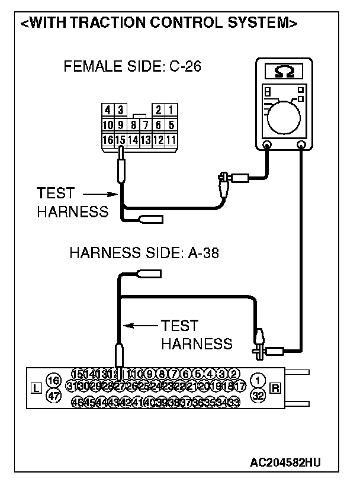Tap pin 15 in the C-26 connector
tap(120, 140)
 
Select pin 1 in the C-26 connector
tap(171, 110)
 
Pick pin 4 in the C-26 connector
tap(108, 110)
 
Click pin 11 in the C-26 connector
tap(171, 140)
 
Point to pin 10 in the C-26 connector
tap(108, 125)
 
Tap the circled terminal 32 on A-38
tap(258, 396)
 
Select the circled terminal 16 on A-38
tap(54, 380)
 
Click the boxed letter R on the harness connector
tap(275, 388)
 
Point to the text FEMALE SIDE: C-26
tap(132, 66)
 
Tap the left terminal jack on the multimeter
tap(267, 144)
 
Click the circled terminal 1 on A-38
tap(258, 380)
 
